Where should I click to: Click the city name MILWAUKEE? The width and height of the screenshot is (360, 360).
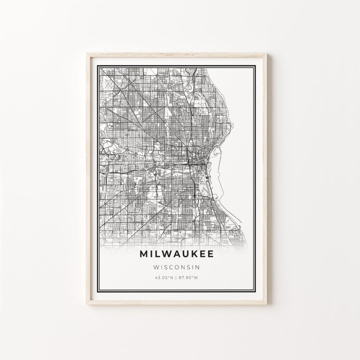pos(176,254)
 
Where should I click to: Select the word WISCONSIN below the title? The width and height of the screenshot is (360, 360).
pos(177,267)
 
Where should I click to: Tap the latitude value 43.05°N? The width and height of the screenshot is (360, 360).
pos(164,277)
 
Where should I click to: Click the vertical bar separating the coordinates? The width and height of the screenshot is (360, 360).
pos(177,277)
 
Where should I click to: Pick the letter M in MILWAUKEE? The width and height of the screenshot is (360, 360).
pos(145,254)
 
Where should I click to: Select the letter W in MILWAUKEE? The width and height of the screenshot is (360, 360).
pos(165,254)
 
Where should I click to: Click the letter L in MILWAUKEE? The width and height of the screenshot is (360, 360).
pos(157,254)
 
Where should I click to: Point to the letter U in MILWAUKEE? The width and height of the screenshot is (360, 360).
pos(184,254)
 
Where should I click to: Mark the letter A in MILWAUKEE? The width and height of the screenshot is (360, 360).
pos(175,254)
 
